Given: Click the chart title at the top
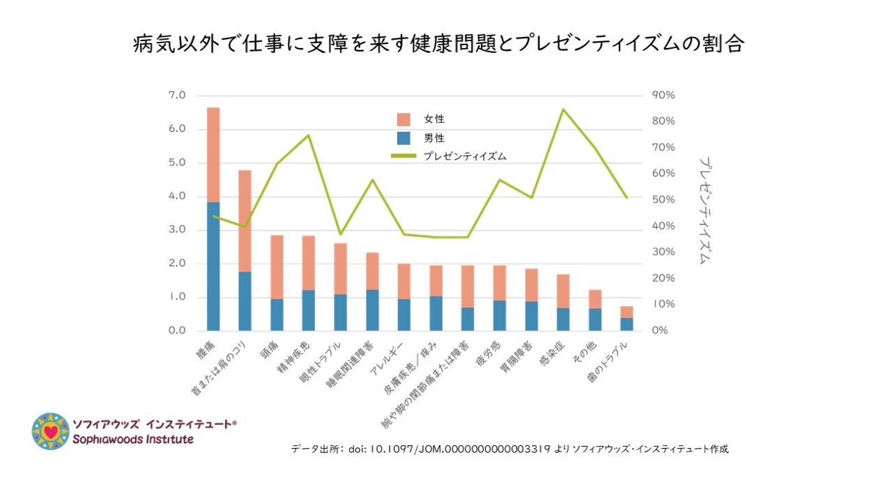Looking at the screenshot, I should tap(439, 44).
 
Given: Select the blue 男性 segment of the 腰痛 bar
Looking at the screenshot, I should tap(213, 266).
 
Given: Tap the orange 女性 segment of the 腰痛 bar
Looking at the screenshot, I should tap(213, 155).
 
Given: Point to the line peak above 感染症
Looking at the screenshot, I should tap(563, 109).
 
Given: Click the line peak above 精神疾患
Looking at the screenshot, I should tap(309, 135).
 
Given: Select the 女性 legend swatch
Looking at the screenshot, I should tap(406, 119).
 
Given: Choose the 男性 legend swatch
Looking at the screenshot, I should tap(406, 138).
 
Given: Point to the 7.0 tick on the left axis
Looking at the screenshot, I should tap(177, 95).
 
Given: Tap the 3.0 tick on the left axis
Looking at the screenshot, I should tap(177, 230).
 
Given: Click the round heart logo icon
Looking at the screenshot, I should tap(50, 431).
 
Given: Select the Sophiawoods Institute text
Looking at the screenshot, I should tap(133, 440).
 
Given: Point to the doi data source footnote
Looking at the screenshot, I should tap(509, 449).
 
